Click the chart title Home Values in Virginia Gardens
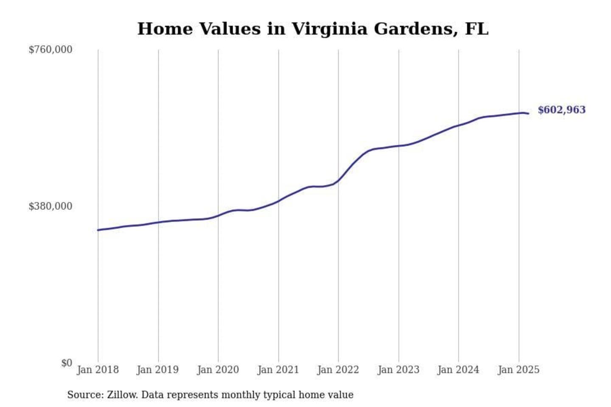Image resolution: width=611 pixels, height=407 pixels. pyautogui.click(x=313, y=29)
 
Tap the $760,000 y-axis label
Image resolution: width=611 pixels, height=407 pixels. pyautogui.click(x=50, y=50)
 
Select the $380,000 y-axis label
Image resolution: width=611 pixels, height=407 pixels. pyautogui.click(x=50, y=206)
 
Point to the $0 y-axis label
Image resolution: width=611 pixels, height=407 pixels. pyautogui.click(x=67, y=363)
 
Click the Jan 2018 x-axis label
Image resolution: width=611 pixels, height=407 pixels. pyautogui.click(x=98, y=370)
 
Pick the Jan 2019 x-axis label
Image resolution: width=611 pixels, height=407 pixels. pyautogui.click(x=158, y=370)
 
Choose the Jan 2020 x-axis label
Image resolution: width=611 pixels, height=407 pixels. pyautogui.click(x=218, y=370)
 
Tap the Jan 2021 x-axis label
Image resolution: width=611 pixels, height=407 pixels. pyautogui.click(x=278, y=370)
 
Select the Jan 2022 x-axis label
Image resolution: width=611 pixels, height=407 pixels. pyautogui.click(x=338, y=370)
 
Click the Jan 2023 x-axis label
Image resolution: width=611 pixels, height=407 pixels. pyautogui.click(x=398, y=370)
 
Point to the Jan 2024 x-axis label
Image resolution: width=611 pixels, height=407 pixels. pyautogui.click(x=458, y=370)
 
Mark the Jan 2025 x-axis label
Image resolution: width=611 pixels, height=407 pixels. pyautogui.click(x=519, y=370)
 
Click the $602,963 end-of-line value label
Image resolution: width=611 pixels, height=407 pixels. pyautogui.click(x=561, y=110)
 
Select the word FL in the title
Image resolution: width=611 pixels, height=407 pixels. pyautogui.click(x=476, y=29)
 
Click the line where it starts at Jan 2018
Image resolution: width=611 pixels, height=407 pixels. pyautogui.click(x=98, y=230)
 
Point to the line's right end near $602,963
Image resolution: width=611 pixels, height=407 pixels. pyautogui.click(x=528, y=113)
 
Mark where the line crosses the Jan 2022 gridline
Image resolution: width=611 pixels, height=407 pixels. pyautogui.click(x=338, y=181)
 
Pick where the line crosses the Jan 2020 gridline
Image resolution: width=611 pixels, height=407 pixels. pyautogui.click(x=218, y=215)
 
